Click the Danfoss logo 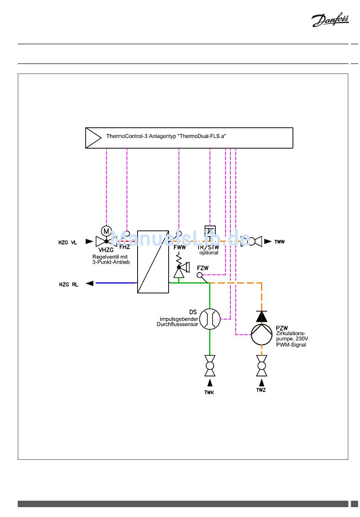330,20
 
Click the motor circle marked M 106,231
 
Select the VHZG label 106,250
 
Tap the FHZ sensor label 125,247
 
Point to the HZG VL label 68,243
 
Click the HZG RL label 69,284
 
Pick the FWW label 180,247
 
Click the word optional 209,253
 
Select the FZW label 203,268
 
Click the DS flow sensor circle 210,319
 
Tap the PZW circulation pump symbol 262,334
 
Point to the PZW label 282,328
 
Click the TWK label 209,393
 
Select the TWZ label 261,390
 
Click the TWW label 280,242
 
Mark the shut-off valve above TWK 210,366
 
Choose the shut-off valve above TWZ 261,366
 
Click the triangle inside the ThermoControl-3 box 93,138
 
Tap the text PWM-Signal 291,345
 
